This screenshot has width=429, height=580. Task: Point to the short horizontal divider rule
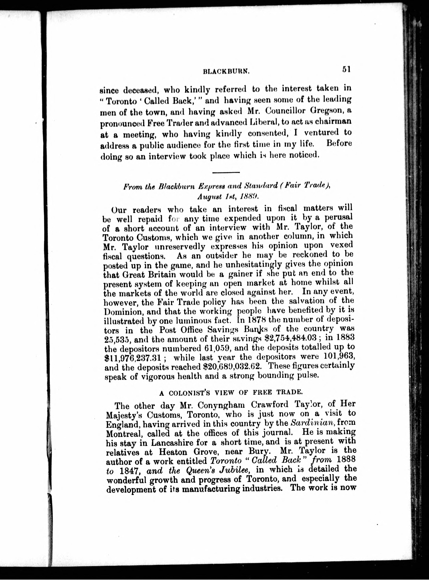click(x=226, y=172)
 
